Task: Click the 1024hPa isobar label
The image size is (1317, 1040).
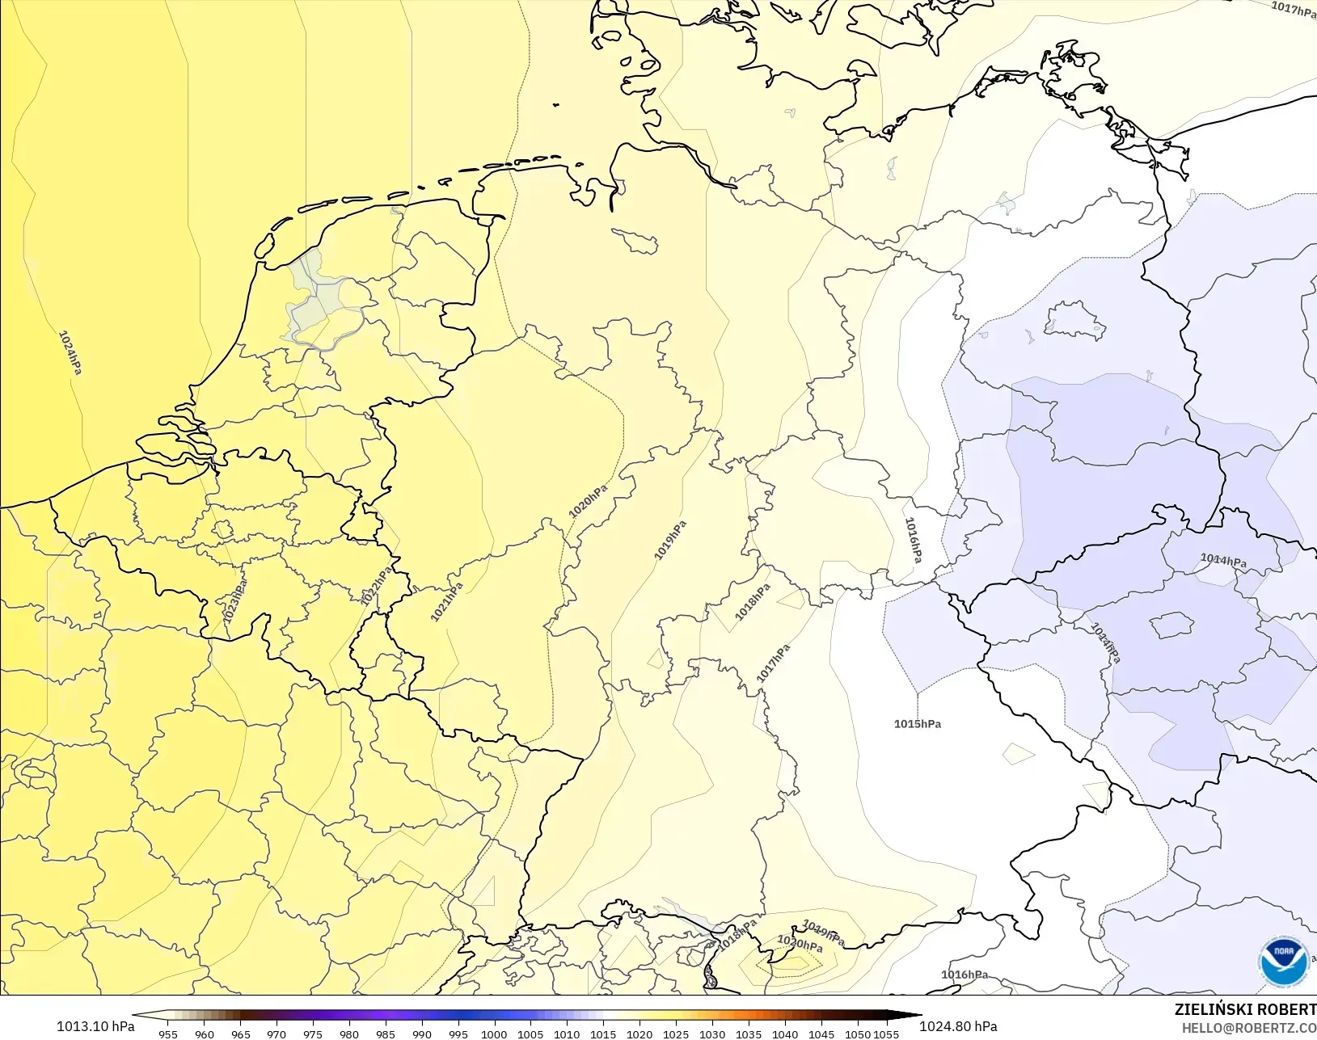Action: point(70,352)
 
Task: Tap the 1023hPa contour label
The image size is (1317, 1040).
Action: point(234,600)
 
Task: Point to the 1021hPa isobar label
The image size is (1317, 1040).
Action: point(446,602)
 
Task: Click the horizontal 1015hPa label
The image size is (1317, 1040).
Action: point(918,724)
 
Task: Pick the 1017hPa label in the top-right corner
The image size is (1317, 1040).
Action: point(1293,9)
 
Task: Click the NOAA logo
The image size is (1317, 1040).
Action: point(1284,962)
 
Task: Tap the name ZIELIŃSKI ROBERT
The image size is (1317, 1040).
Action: point(1245,1009)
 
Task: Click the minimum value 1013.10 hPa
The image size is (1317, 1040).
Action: point(95,1026)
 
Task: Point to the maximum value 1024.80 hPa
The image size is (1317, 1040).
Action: point(958,1026)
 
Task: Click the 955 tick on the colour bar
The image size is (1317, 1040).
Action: point(168,1034)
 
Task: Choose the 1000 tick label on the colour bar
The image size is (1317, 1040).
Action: point(494,1034)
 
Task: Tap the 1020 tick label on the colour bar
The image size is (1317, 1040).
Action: point(640,1034)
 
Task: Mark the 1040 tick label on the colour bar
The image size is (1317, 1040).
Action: point(785,1034)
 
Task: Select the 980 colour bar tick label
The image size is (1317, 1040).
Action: point(349,1034)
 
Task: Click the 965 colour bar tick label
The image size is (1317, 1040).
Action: point(241,1034)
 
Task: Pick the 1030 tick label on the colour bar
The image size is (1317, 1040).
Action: point(712,1034)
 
